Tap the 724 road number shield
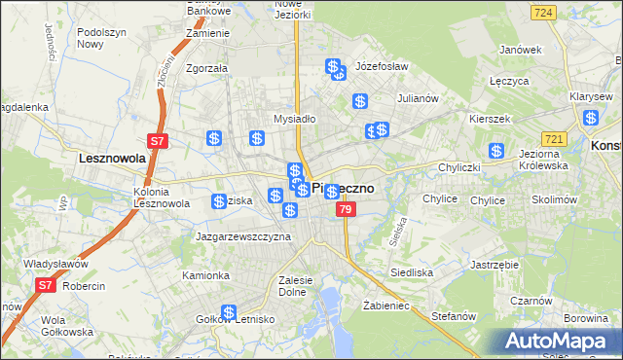tap(544, 12)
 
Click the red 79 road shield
tap(345, 209)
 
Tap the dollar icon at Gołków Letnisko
tap(229, 312)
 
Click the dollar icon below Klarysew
tap(591, 119)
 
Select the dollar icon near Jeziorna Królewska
tap(496, 151)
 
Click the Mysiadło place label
tap(295, 119)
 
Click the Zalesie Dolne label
tap(294, 285)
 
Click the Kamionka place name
tap(205, 275)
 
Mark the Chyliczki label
tap(459, 167)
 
